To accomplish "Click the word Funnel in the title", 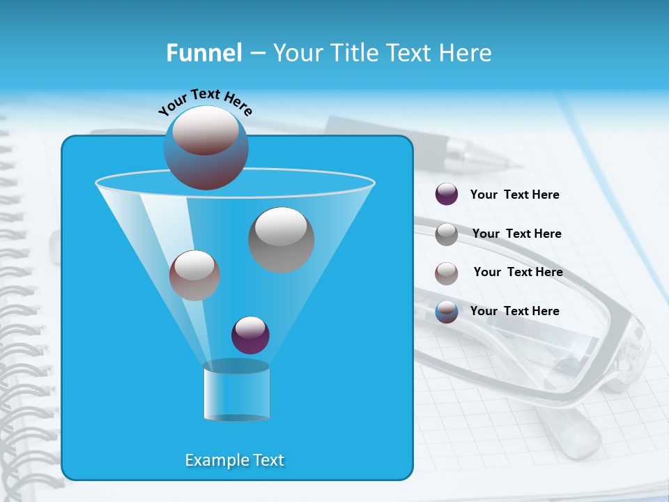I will pyautogui.click(x=203, y=53).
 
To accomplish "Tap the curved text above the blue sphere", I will pyautogui.click(x=205, y=102).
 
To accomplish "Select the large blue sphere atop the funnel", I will pyautogui.click(x=206, y=148).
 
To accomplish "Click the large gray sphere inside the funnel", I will pyautogui.click(x=281, y=239).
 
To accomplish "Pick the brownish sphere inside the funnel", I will pyautogui.click(x=194, y=275).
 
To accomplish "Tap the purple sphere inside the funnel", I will pyautogui.click(x=250, y=335).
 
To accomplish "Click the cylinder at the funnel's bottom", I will pyautogui.click(x=236, y=392).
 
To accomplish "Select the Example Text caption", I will pyautogui.click(x=234, y=460).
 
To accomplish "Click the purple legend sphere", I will pyautogui.click(x=447, y=195).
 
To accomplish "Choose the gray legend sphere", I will pyautogui.click(x=447, y=234).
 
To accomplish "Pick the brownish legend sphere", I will pyautogui.click(x=447, y=273).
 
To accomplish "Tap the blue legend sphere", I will pyautogui.click(x=447, y=312).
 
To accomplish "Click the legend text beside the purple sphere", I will pyautogui.click(x=514, y=195).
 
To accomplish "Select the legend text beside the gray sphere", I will pyautogui.click(x=516, y=234).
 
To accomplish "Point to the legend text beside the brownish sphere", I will pyautogui.click(x=518, y=273).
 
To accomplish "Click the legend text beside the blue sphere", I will pyautogui.click(x=514, y=312).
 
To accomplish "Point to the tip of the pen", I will pyautogui.click(x=518, y=166).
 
